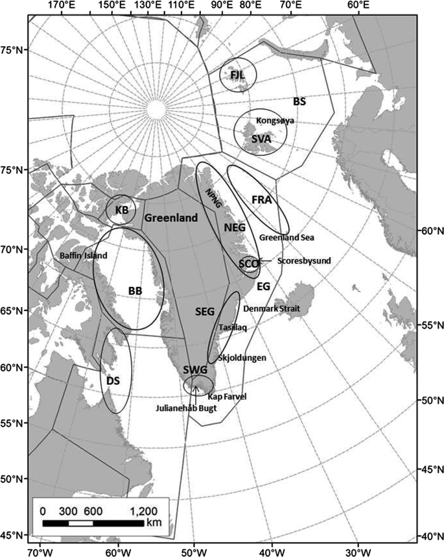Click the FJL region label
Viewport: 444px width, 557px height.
[238, 75]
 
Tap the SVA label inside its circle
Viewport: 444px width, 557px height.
[261, 139]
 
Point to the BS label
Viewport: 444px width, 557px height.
[299, 102]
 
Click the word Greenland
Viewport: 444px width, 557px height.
[170, 219]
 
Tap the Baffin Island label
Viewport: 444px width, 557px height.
[82, 256]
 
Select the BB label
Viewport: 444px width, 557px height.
[135, 291]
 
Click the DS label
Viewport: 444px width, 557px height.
[113, 382]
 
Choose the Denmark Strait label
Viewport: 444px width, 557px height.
[272, 309]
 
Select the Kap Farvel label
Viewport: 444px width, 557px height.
[227, 395]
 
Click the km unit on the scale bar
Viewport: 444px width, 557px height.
[153, 523]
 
